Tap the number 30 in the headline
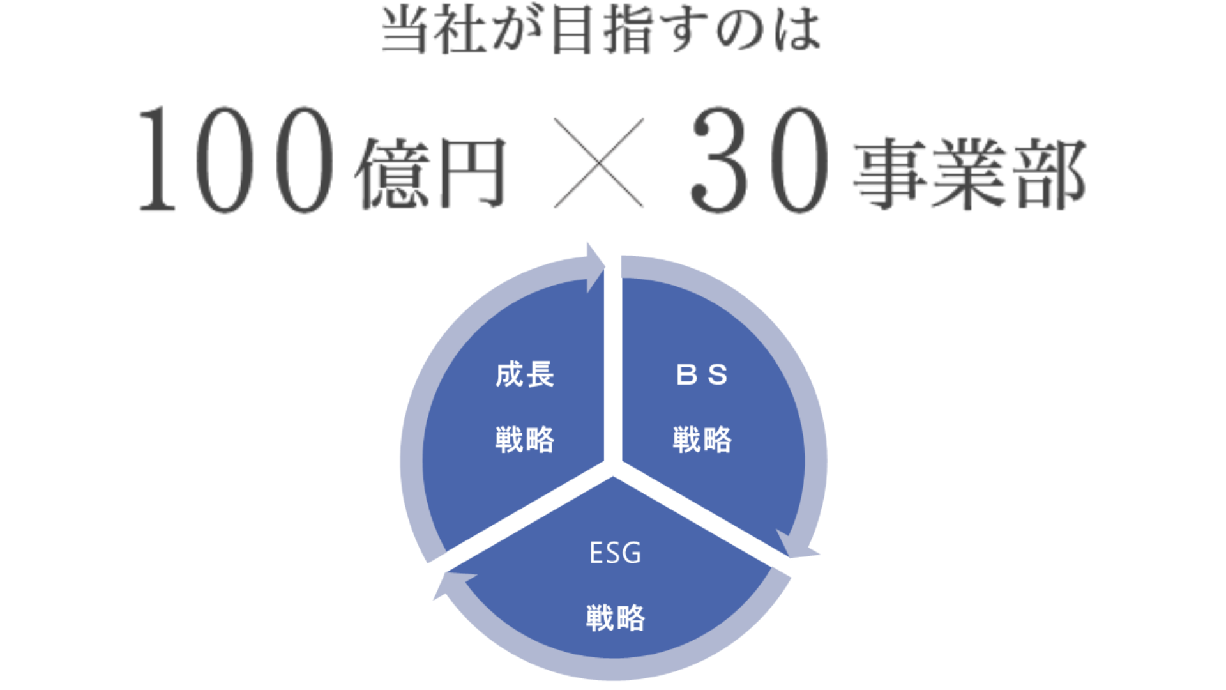pos(760,160)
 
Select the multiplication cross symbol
pos(598,163)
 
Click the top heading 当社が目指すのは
pos(600,31)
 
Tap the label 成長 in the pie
pos(525,374)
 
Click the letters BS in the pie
pos(702,374)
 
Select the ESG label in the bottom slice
pos(615,553)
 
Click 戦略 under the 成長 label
pos(525,440)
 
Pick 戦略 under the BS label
pos(702,440)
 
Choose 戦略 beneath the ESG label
pos(616,618)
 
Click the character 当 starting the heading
pos(404,31)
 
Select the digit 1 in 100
pos(157,160)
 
